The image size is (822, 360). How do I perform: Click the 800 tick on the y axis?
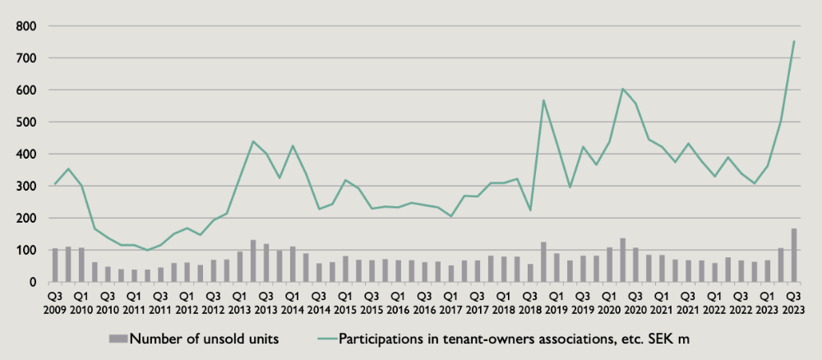(x=26, y=26)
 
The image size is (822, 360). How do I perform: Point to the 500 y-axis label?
(x=26, y=122)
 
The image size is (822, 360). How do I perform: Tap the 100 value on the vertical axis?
(x=26, y=250)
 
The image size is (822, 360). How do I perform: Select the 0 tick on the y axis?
(x=32, y=282)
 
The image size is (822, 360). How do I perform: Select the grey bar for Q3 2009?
(x=55, y=265)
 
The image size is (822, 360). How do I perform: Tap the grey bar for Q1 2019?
(x=556, y=268)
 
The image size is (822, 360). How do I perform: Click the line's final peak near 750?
(x=794, y=41)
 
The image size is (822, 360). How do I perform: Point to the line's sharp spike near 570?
(x=543, y=100)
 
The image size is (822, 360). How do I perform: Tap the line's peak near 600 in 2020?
(x=622, y=89)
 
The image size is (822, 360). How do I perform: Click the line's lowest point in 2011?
(x=147, y=250)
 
